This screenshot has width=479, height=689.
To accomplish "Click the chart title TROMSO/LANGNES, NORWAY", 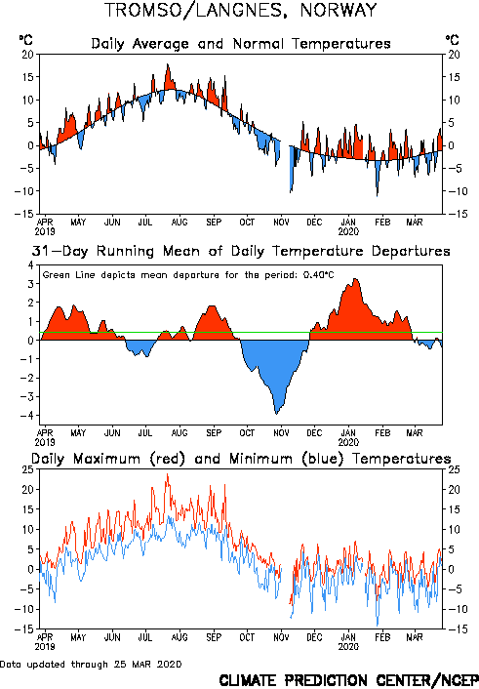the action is point(240,10).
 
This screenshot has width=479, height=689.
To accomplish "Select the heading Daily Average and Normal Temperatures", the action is point(241,44).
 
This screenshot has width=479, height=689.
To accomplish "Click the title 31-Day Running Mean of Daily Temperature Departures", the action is point(241,252).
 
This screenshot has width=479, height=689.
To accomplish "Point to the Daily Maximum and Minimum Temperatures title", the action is point(241,459).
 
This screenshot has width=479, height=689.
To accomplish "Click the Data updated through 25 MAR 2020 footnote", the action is point(91,664).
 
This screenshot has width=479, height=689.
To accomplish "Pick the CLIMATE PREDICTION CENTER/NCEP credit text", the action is point(348,680).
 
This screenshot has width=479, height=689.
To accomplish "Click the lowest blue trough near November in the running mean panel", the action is point(276,414).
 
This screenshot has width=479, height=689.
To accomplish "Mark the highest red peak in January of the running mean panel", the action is point(355,279).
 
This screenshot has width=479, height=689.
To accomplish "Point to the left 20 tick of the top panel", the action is point(27,55).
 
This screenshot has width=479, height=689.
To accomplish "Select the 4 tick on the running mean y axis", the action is point(31,265).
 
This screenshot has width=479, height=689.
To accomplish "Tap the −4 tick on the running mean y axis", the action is point(27,416).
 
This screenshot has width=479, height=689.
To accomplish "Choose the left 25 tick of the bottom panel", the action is point(27,469).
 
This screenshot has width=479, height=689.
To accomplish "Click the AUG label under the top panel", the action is point(180,223).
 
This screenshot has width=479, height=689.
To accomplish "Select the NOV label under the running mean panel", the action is point(281,433).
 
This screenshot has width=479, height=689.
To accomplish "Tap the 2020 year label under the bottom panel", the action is point(348,647).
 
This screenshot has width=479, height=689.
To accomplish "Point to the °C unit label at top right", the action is point(453,40).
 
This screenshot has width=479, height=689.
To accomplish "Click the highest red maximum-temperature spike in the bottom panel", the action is point(167,474).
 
